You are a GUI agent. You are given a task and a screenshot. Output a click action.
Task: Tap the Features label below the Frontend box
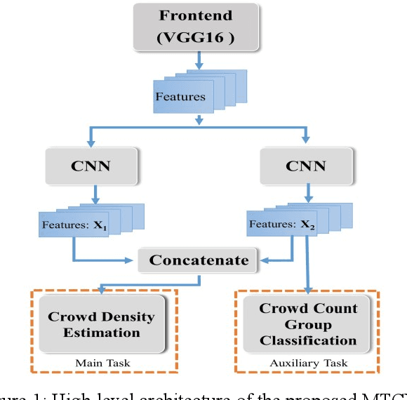click(180, 97)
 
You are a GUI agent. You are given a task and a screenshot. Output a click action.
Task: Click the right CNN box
click(306, 166)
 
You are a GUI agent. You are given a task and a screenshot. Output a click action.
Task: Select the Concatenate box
click(199, 260)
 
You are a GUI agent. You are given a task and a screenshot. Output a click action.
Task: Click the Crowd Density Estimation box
click(102, 324)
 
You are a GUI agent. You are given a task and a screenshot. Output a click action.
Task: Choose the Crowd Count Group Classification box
click(308, 324)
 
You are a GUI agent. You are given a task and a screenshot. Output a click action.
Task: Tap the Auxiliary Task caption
click(307, 364)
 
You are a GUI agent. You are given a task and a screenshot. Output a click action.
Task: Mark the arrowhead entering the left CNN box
click(90, 142)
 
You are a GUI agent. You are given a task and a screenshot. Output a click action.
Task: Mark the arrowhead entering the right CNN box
click(306, 142)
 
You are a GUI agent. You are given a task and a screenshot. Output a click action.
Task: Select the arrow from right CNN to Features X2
click(306, 192)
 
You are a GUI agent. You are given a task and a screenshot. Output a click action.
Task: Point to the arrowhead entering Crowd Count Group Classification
click(307, 288)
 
